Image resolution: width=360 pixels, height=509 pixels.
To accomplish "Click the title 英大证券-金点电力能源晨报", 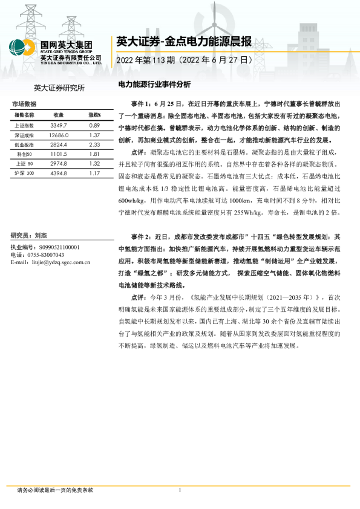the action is (x=183, y=42).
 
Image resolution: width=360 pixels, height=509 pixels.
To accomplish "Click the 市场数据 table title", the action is (x=24, y=104).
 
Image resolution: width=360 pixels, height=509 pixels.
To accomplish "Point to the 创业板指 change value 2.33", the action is (x=93, y=144).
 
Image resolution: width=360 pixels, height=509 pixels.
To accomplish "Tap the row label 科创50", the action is (x=24, y=154).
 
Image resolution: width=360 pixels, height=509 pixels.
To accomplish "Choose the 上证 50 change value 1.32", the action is (x=93, y=164).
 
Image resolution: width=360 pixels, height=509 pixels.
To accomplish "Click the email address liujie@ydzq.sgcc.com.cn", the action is (x=63, y=262).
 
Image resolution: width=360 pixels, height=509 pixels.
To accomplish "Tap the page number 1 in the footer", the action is (x=180, y=490).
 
